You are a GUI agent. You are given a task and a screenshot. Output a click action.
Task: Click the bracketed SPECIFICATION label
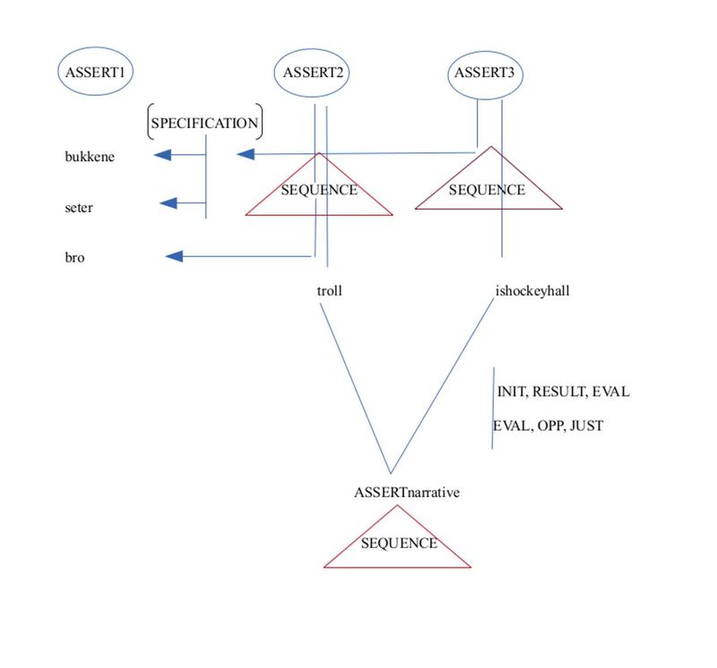204,124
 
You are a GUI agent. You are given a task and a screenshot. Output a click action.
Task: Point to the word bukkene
90,156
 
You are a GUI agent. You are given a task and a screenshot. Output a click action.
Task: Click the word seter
79,208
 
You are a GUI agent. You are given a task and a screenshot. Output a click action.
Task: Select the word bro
74,258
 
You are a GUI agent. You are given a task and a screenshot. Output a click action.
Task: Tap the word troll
330,291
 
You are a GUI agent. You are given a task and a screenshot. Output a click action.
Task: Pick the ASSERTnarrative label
407,492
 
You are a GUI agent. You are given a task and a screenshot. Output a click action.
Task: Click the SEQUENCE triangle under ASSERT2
319,191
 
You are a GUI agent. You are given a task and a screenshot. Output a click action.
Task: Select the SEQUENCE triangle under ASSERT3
488,189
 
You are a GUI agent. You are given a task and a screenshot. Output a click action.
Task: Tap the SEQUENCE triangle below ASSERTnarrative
398,544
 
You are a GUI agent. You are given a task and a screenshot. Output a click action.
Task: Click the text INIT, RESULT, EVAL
563,392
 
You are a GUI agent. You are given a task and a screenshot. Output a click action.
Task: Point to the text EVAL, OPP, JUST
549,426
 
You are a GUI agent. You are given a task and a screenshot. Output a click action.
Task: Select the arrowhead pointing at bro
175,257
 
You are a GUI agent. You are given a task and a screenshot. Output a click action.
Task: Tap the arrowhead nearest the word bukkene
162,156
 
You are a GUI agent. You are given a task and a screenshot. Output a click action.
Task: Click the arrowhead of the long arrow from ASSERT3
245,155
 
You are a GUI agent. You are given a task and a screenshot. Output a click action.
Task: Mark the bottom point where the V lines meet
391,473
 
